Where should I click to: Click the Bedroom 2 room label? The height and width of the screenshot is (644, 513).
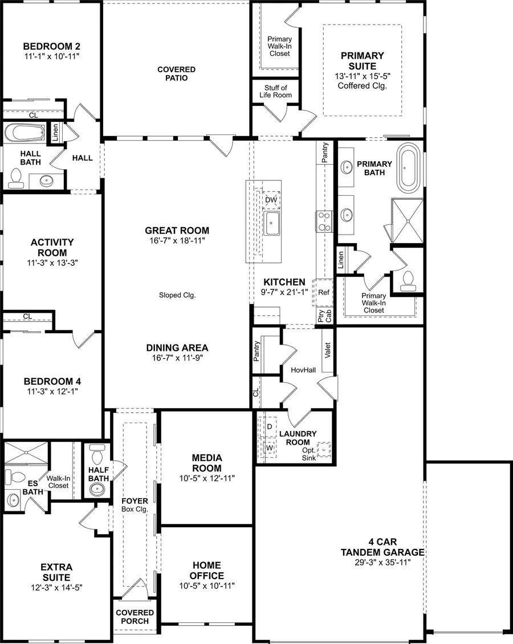(51, 46)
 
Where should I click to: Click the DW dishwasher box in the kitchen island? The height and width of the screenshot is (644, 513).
(271, 200)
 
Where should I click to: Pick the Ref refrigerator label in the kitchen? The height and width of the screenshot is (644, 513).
(324, 292)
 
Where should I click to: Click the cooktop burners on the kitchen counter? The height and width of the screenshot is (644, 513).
(324, 221)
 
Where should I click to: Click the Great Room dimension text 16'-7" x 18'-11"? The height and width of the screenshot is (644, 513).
(177, 241)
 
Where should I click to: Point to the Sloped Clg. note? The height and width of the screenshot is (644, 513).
(177, 295)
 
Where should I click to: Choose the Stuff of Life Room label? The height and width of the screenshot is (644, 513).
(275, 91)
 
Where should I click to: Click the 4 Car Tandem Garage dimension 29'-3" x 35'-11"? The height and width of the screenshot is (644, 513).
(382, 562)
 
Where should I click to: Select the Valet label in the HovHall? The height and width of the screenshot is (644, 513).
(327, 349)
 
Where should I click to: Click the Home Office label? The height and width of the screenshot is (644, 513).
(206, 570)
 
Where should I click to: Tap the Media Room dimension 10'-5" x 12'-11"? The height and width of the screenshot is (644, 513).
(206, 478)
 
